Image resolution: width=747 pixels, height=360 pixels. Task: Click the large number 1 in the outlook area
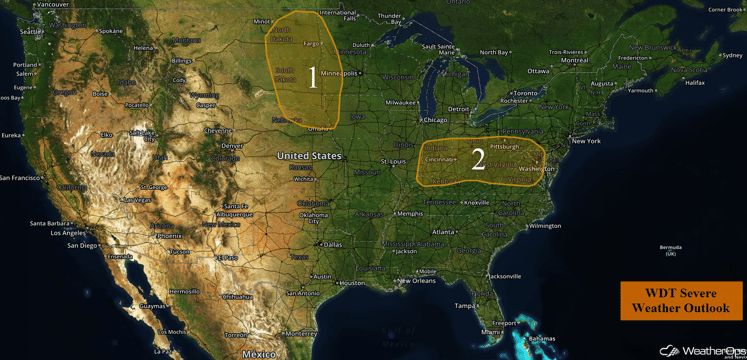[313, 77]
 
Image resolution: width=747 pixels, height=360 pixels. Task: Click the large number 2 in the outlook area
[478, 158]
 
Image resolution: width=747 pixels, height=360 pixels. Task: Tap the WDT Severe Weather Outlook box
[680, 301]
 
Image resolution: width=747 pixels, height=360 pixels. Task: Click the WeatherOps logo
[699, 350]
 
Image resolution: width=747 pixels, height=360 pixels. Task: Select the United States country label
[309, 156]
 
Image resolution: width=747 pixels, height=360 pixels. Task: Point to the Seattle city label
[31, 32]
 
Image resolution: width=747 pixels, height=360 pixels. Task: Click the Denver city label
[232, 145]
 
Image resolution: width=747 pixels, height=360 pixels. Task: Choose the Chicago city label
[435, 120]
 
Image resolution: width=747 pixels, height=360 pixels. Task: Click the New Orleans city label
[414, 280]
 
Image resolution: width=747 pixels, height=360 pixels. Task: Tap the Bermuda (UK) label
[670, 250]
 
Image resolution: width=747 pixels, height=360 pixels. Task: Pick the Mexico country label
[258, 353]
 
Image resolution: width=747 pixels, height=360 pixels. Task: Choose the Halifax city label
[695, 83]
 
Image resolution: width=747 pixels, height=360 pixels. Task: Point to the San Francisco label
[21, 177]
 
